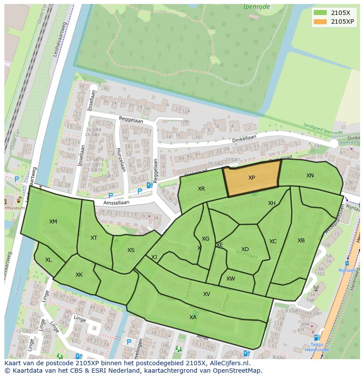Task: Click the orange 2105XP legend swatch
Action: coord(320,22)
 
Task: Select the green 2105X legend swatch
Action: coord(320,13)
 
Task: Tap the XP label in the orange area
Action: coord(251,178)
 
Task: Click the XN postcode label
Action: coord(310,176)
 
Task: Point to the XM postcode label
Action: coord(53,222)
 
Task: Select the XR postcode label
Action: coord(201,189)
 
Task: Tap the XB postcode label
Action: coord(301,241)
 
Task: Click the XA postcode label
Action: coord(193,317)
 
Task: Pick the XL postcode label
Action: coord(48,260)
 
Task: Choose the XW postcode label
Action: coord(231,279)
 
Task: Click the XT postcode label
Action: coord(94,238)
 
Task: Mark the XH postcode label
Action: coord(272,203)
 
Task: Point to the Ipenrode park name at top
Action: coord(257,7)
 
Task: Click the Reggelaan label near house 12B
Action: coord(132,119)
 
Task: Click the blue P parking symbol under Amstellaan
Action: coord(111,196)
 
